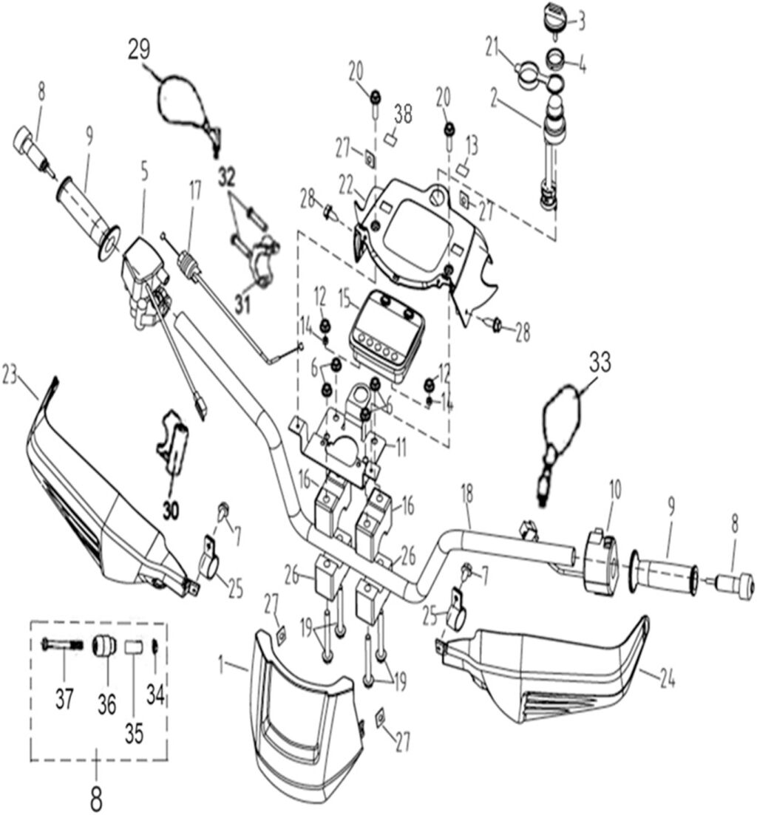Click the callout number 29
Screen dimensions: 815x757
pyautogui.click(x=139, y=50)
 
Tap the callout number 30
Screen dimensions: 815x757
pyautogui.click(x=172, y=510)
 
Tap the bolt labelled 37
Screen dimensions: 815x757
pyautogui.click(x=63, y=644)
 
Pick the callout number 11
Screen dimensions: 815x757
pyautogui.click(x=400, y=446)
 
